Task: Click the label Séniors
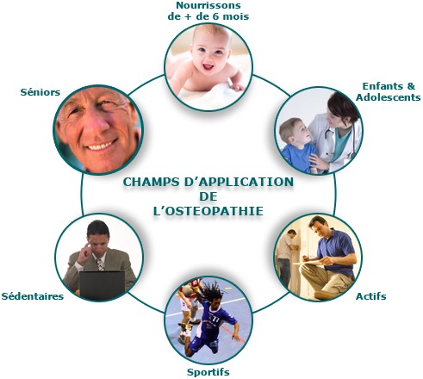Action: (40, 92)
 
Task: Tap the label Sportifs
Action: (208, 372)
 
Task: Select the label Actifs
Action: (370, 296)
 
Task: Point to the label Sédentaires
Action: (33, 296)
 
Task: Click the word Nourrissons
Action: (208, 5)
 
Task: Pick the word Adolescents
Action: (389, 97)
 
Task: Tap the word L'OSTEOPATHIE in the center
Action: (208, 211)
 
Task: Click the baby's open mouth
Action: (208, 67)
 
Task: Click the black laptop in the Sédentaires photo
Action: (102, 285)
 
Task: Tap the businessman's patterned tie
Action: (100, 264)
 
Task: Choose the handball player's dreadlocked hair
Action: (213, 292)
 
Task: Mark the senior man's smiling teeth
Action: (101, 146)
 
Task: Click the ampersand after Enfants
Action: (411, 86)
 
